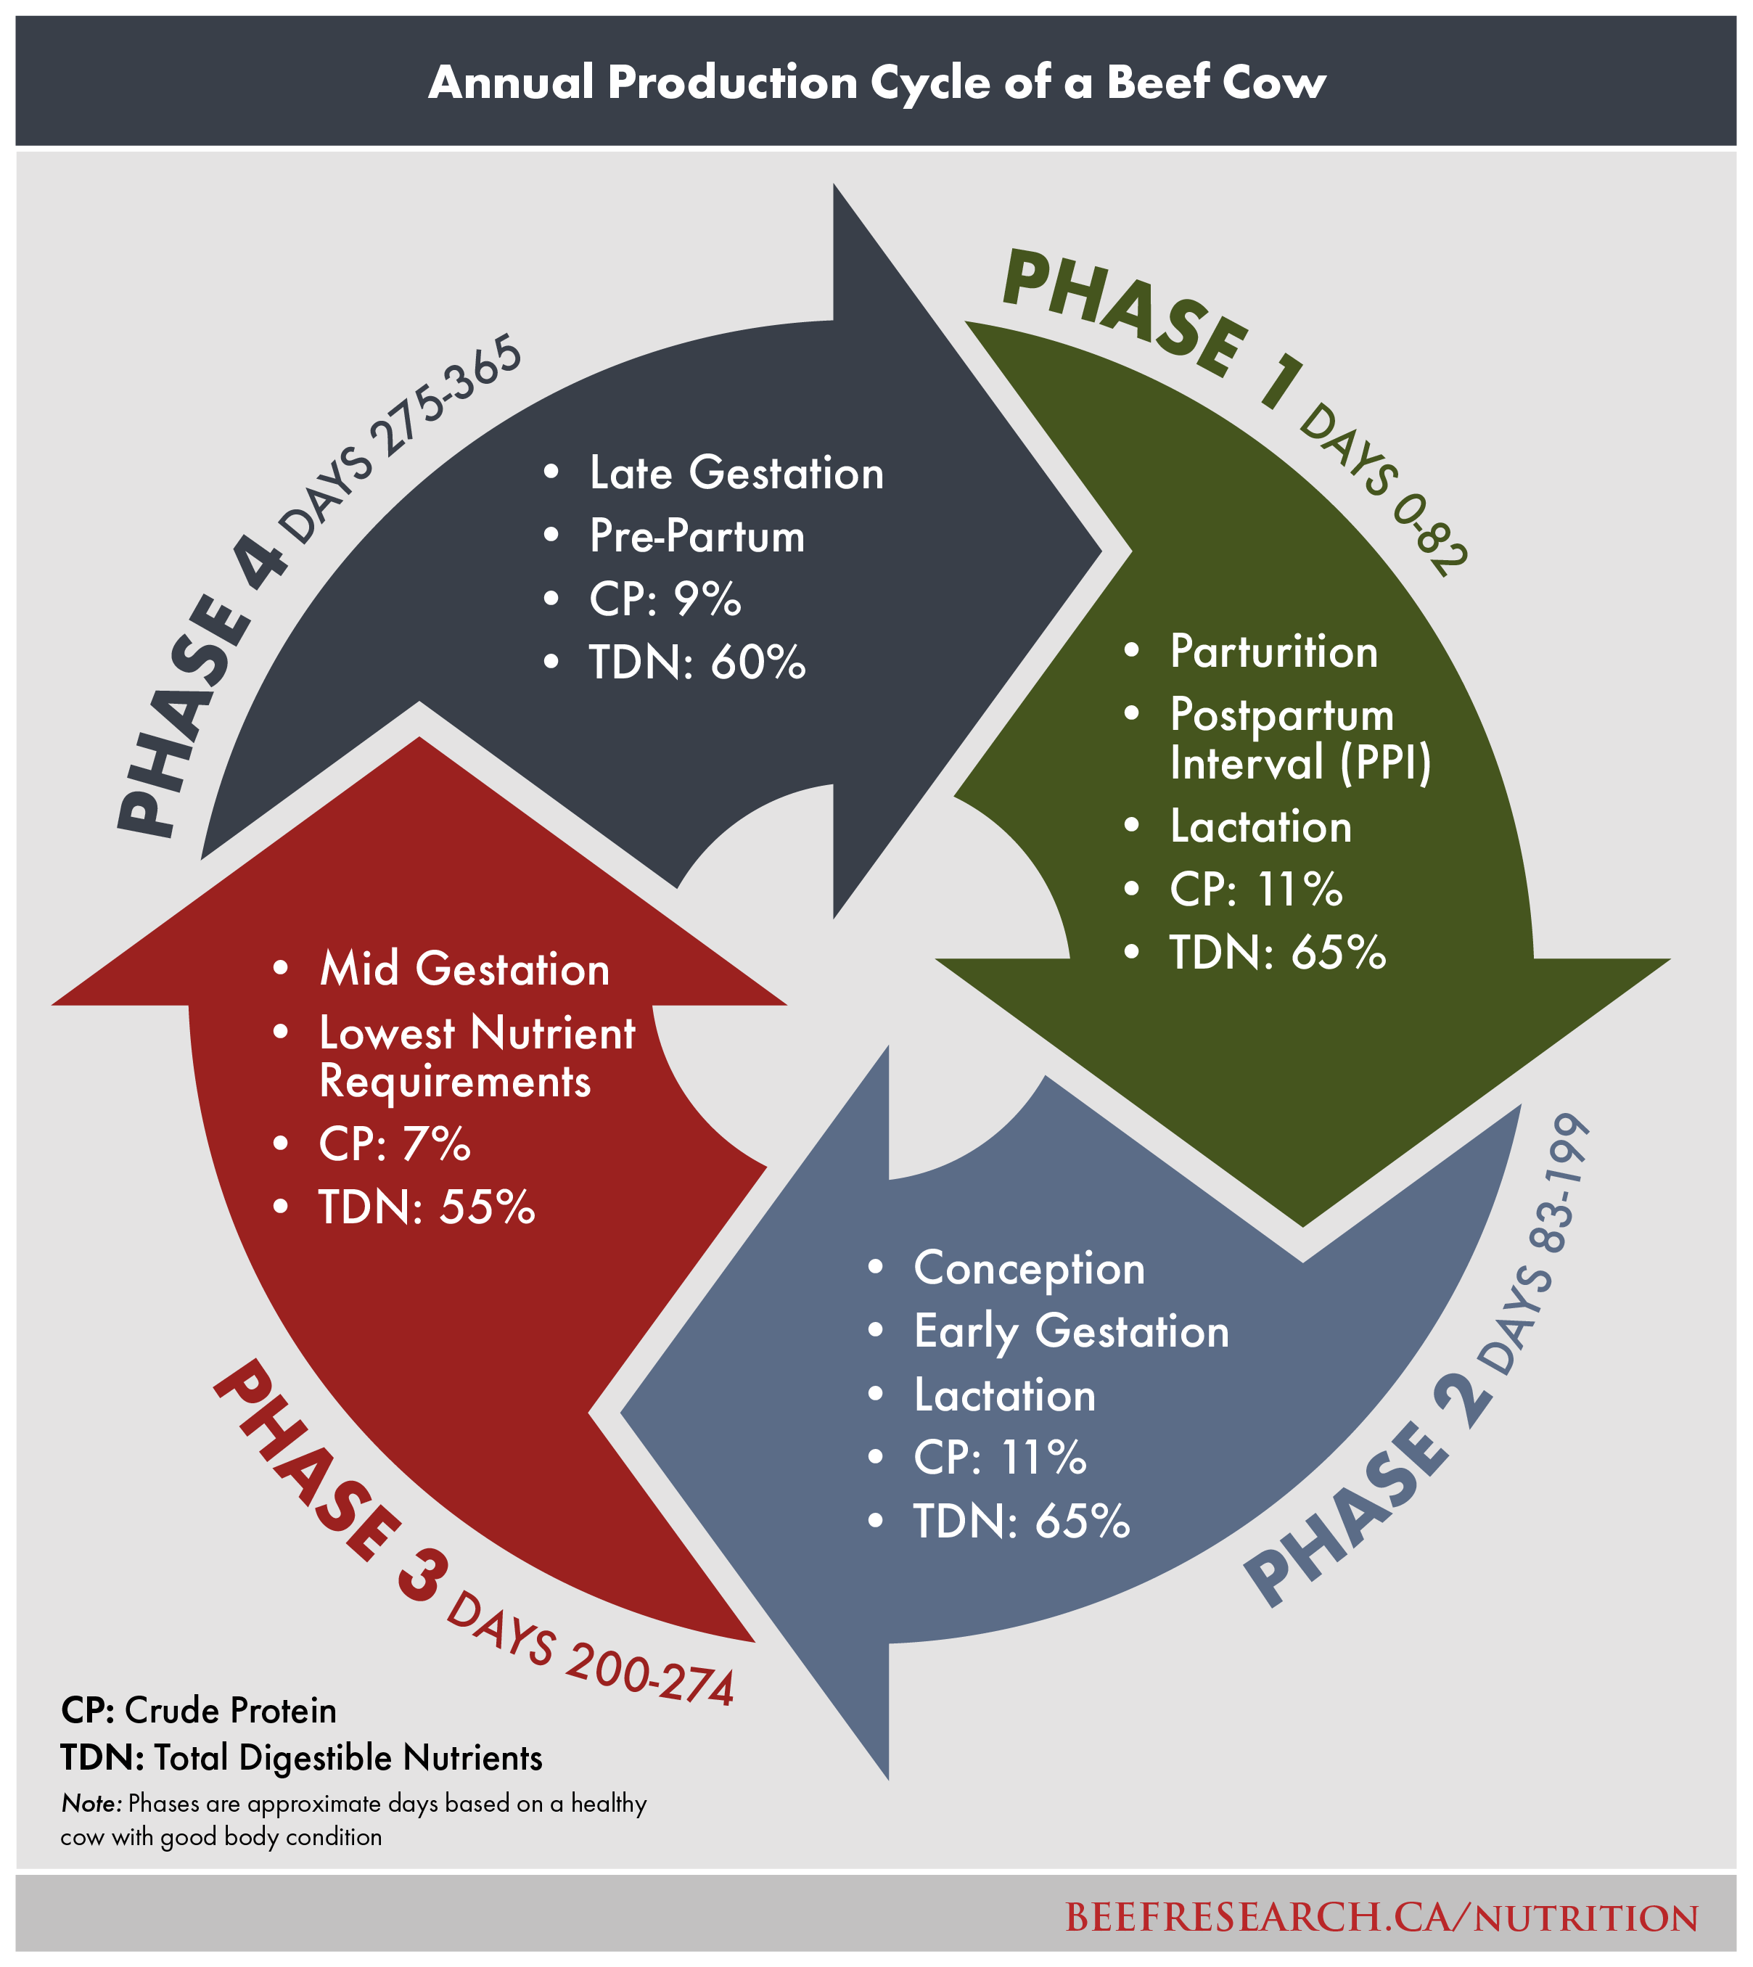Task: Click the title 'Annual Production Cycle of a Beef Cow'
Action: tap(876, 82)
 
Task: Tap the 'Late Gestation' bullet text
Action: tap(736, 474)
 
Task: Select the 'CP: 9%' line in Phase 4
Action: tap(665, 599)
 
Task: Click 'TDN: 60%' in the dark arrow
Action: tap(697, 662)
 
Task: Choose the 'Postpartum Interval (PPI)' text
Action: tap(1300, 739)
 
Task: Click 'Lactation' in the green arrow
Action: tap(1261, 826)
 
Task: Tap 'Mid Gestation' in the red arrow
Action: tap(464, 969)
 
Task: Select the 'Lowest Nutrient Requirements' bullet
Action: tap(476, 1056)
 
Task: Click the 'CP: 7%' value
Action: tap(395, 1144)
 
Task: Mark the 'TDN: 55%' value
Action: tap(427, 1208)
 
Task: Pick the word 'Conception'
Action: tap(1029, 1268)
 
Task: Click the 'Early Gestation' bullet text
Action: tap(1071, 1331)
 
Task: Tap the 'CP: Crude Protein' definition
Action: tap(198, 1711)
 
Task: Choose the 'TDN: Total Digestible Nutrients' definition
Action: tap(301, 1758)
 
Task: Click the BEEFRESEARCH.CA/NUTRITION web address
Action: tap(1382, 1917)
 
